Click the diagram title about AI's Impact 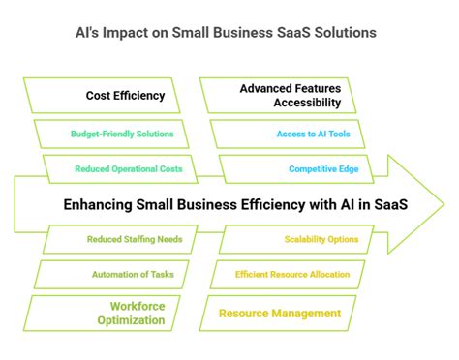[229, 32]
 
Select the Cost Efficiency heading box [111, 96]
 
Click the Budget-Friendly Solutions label [122, 134]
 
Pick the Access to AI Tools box [305, 134]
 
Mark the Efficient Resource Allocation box [291, 275]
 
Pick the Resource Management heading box [279, 313]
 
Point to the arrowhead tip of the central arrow [443, 204]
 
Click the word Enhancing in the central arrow [96, 204]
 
